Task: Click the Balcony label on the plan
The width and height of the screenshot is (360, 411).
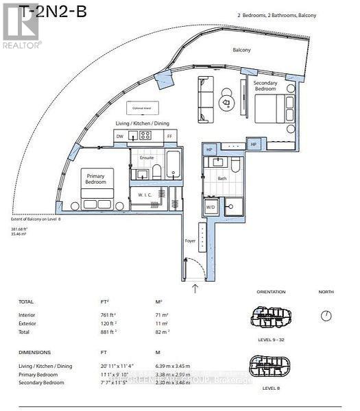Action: (241, 50)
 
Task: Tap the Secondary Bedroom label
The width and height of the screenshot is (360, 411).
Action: (265, 87)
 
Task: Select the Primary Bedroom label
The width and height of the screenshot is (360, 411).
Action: (95, 179)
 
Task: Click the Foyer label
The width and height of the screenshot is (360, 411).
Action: (189, 240)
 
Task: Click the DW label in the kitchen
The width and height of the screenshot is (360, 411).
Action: (121, 137)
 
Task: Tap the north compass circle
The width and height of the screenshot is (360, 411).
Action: (326, 316)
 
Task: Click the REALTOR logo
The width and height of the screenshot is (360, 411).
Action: (21, 27)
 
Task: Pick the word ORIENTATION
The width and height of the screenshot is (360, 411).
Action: (271, 292)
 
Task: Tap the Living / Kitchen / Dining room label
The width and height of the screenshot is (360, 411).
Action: (142, 123)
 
